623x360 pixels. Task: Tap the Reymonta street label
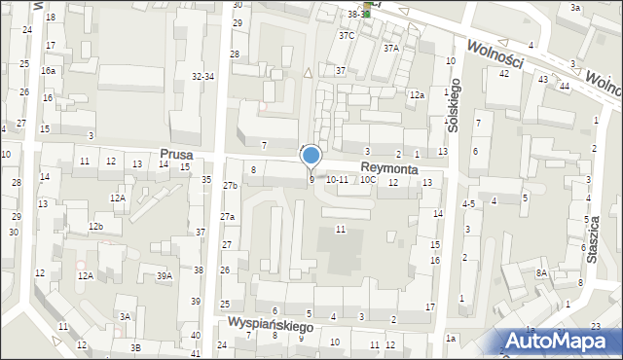388,168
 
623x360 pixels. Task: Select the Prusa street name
178,155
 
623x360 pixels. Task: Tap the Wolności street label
495,55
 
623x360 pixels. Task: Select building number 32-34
202,76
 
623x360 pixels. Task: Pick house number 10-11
337,180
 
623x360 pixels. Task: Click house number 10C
367,180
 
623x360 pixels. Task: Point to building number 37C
347,35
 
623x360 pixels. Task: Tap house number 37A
391,48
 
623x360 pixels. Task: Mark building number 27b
230,186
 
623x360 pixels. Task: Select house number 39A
165,276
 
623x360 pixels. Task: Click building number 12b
95,227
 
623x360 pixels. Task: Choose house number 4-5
468,204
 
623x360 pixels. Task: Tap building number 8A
541,273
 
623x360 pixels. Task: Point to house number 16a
48,71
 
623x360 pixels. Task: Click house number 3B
136,347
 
